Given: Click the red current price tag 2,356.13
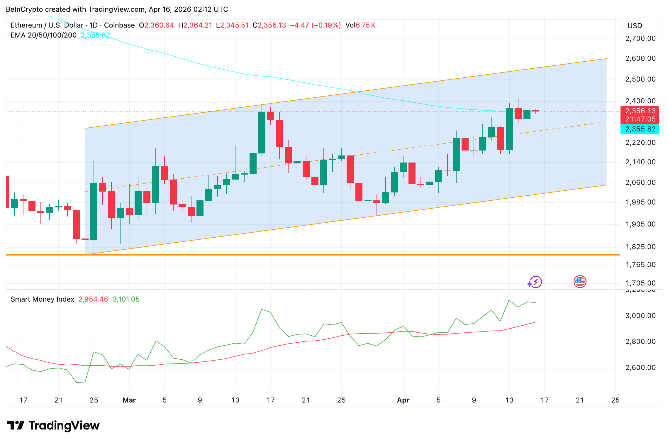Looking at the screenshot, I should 640,111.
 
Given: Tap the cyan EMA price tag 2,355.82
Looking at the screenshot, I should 640,129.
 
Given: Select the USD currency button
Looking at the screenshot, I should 635,26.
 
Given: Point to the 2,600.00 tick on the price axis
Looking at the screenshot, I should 640,59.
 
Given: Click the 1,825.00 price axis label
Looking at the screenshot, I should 640,247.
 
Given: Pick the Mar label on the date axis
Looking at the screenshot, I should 129,400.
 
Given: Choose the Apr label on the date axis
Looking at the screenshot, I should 403,400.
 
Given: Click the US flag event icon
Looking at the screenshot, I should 580,282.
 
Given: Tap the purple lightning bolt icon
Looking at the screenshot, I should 535,282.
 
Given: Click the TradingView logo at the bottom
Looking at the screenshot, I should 53,425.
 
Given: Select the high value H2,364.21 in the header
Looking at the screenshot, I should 195,25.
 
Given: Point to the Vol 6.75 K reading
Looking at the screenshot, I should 360,25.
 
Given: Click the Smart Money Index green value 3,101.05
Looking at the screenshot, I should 126,299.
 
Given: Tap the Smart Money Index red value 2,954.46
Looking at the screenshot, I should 93,299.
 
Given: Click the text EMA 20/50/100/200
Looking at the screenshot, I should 43,35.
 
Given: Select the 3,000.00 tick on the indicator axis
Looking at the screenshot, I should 640,316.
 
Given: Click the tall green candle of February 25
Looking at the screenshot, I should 94,211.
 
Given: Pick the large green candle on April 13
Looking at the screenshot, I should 509,129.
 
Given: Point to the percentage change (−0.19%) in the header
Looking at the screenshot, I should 326,25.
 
